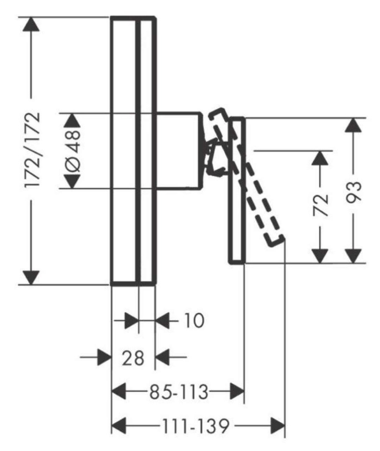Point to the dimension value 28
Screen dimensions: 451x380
133,358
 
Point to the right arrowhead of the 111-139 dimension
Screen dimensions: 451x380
278,426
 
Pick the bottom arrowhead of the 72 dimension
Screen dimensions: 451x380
321,256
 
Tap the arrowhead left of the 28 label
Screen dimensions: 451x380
104,358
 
